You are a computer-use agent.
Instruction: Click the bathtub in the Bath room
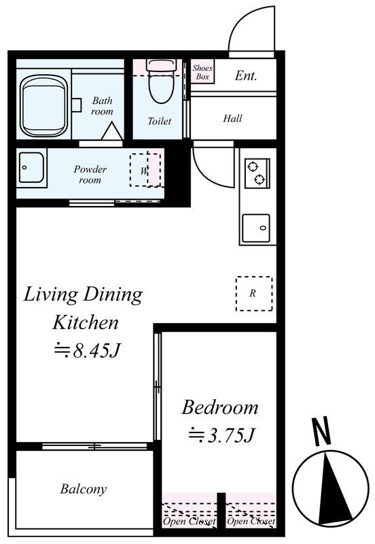[x=44, y=106]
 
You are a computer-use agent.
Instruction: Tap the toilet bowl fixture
[x=162, y=82]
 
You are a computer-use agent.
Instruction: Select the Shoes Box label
[x=202, y=72]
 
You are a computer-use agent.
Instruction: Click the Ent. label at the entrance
[x=246, y=75]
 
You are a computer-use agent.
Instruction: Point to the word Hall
[x=232, y=118]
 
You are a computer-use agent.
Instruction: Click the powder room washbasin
[x=31, y=167]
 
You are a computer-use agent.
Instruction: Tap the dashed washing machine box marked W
[x=145, y=170]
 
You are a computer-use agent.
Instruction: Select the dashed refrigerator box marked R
[x=254, y=294]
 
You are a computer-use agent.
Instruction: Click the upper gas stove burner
[x=252, y=167]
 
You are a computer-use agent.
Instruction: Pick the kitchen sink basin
[x=256, y=228]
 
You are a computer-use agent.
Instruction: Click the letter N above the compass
[x=321, y=432]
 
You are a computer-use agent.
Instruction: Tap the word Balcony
[x=83, y=489]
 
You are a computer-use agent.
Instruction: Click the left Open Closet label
[x=190, y=521]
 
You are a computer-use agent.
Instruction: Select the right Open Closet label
[x=251, y=521]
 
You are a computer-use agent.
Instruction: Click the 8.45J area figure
[x=88, y=351]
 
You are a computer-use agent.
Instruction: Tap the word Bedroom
[x=220, y=407]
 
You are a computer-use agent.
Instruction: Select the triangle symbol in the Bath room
[x=112, y=131]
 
